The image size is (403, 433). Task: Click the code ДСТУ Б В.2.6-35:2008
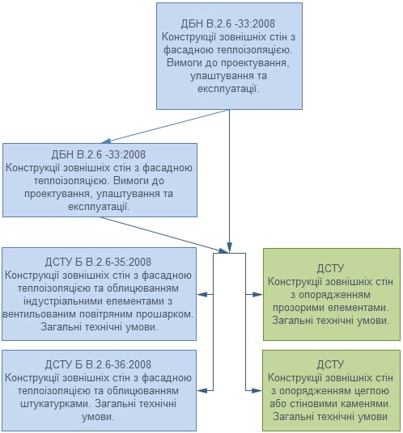[98, 262]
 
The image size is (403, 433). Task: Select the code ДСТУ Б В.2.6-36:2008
[98, 364]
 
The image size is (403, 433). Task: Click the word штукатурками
[55, 404]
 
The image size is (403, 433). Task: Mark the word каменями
[367, 404]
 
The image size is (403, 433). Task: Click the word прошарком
[167, 314]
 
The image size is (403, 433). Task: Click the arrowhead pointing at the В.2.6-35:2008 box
[202, 295]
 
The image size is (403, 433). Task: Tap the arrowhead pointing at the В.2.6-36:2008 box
[202, 391]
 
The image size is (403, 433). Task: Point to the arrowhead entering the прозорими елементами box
[258, 295]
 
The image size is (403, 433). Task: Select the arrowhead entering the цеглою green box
[257, 391]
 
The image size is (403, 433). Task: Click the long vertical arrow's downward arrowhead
[229, 247]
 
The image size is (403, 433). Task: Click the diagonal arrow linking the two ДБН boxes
[165, 127]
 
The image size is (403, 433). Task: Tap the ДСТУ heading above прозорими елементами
[330, 269]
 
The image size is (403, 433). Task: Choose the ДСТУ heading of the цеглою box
[330, 365]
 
